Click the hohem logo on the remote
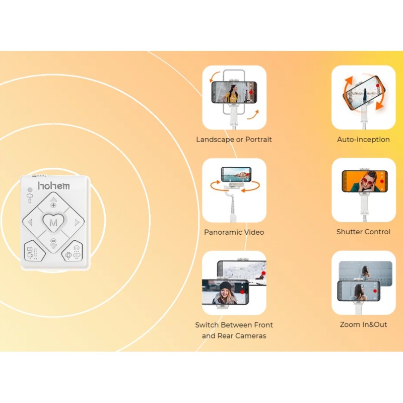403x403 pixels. pyautogui.click(x=54, y=185)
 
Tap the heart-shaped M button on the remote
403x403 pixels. pyautogui.click(x=53, y=222)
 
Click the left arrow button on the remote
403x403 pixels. pyautogui.click(x=30, y=222)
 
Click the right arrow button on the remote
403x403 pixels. pyautogui.click(x=77, y=222)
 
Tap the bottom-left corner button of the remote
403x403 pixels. pyautogui.click(x=34, y=251)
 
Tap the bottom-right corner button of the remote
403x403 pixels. pyautogui.click(x=73, y=251)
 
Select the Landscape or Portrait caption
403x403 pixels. pyautogui.click(x=234, y=140)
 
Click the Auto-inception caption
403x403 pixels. pyautogui.click(x=363, y=140)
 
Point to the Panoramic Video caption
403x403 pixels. pyautogui.click(x=234, y=232)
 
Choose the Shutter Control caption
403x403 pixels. pyautogui.click(x=363, y=232)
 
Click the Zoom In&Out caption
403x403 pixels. pyautogui.click(x=363, y=324)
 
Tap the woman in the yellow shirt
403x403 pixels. pyautogui.click(x=232, y=94)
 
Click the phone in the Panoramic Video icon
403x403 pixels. pyautogui.click(x=236, y=174)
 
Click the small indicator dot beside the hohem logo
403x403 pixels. pyautogui.click(x=30, y=190)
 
